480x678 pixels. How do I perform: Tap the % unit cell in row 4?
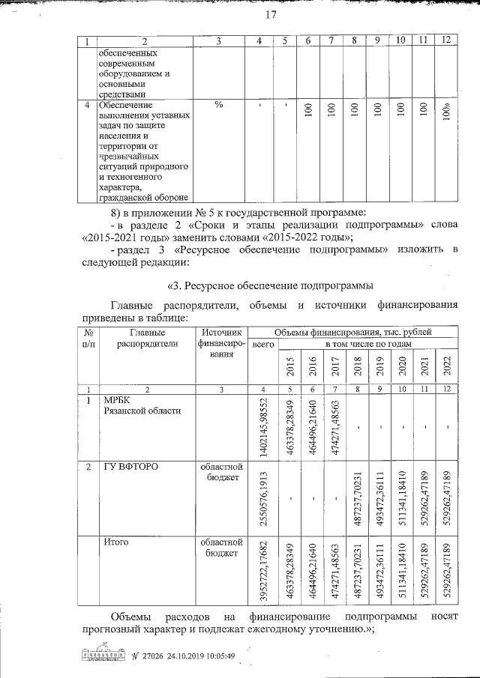coord(219,105)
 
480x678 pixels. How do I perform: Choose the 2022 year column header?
coord(447,367)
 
